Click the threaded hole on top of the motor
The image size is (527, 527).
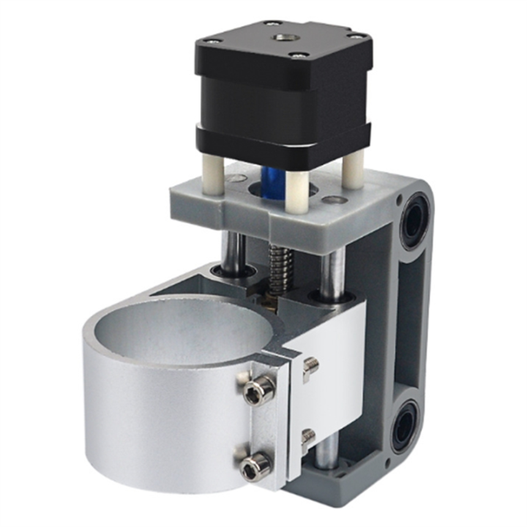coord(281,37)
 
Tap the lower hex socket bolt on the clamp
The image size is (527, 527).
coord(256,463)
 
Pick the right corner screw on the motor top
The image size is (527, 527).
coord(358,34)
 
